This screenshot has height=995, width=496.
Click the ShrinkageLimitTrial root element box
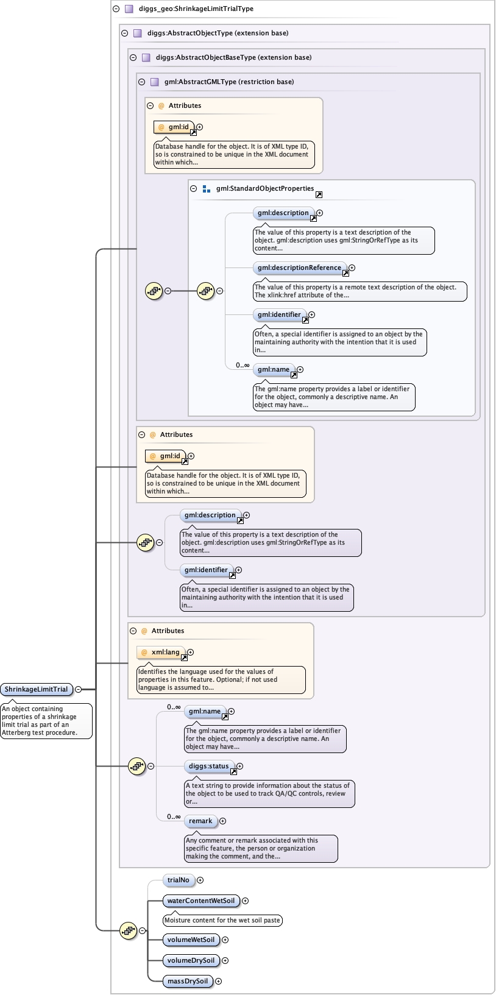coord(36,689)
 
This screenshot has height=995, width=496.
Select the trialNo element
coord(179,880)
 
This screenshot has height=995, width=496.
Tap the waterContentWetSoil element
coord(200,901)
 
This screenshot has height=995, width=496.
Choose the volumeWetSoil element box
coord(191,940)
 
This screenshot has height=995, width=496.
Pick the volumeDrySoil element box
coord(191,960)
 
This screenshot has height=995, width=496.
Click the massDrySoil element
coord(188,981)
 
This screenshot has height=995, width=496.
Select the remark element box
coord(200,821)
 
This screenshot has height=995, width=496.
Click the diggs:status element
coord(209,766)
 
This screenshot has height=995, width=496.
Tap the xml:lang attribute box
coord(161,652)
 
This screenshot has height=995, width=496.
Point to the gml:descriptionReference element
coord(299,267)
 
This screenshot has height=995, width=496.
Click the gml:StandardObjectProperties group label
coord(264,188)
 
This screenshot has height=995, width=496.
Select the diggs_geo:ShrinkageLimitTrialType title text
coord(196,9)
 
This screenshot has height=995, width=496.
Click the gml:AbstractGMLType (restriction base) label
coord(229,82)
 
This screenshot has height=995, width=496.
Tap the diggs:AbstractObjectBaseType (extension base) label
coord(233,57)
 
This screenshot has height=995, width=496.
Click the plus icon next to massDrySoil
coord(218,981)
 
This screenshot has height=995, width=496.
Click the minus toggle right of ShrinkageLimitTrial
coord(78,689)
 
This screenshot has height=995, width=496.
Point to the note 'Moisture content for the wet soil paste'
coord(222,920)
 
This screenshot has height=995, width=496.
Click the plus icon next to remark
coord(222,821)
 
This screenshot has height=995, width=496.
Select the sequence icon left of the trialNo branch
coord(128,930)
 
